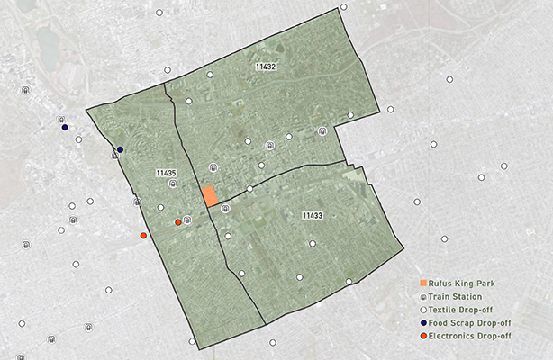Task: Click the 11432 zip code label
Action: click(x=266, y=67)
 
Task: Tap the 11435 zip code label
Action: click(x=165, y=173)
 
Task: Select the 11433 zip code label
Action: click(x=312, y=215)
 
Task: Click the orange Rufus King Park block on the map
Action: click(x=209, y=196)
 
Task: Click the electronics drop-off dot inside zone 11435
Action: click(x=177, y=222)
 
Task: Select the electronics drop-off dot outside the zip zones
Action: click(x=143, y=236)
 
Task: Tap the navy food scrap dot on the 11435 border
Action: click(x=120, y=150)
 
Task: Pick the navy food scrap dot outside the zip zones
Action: click(x=65, y=128)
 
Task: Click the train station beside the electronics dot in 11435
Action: click(x=187, y=220)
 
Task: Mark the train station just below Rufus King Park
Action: click(x=225, y=209)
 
